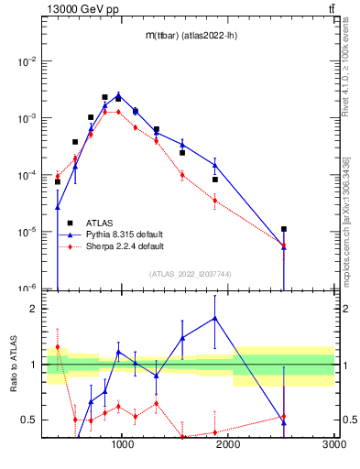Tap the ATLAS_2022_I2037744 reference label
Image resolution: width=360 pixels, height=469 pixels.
click(189, 274)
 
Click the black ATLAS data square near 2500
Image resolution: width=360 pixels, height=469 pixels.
click(284, 229)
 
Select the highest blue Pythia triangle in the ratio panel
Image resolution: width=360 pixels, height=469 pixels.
click(214, 318)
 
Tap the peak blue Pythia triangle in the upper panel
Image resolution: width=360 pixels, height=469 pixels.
click(118, 94)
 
